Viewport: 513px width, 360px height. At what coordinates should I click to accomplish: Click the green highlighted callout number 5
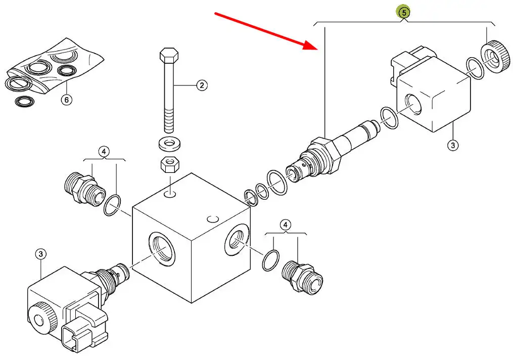(404, 13)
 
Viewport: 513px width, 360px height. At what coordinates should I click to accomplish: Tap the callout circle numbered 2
(202, 85)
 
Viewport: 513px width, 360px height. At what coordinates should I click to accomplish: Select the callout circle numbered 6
(67, 100)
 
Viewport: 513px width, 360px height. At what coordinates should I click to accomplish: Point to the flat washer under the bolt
(169, 144)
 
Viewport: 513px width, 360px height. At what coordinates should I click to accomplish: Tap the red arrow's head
(310, 45)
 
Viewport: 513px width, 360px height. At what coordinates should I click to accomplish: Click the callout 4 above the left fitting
(104, 152)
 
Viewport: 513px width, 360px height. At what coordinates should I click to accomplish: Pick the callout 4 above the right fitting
(285, 225)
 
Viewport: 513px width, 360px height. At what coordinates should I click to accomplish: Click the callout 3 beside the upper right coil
(453, 145)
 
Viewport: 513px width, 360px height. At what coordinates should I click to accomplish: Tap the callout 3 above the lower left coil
(40, 254)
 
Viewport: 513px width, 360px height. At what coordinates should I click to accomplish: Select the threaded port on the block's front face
(162, 249)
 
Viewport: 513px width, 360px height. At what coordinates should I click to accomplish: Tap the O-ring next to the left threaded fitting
(112, 205)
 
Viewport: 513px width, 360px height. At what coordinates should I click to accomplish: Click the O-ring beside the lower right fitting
(271, 260)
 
